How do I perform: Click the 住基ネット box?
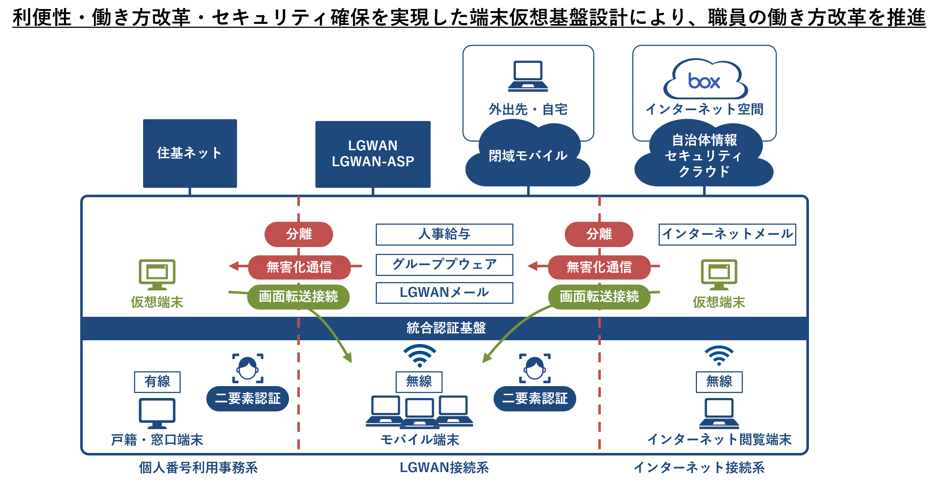tap(190, 153)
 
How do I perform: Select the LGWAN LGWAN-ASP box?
tap(372, 154)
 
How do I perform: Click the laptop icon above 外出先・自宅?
tap(528, 76)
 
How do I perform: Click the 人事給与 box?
tap(444, 234)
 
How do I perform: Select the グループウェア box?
tap(444, 265)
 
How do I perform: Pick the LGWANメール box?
tap(444, 292)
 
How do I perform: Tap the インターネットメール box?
tap(727, 234)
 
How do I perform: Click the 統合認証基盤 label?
tap(446, 328)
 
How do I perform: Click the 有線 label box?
tap(157, 381)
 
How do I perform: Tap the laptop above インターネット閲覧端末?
tap(719, 412)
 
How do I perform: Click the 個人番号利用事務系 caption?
tap(198, 468)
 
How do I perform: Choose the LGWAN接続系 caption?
tap(444, 468)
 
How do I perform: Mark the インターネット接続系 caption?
tap(699, 468)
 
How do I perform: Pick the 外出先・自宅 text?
tap(528, 109)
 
